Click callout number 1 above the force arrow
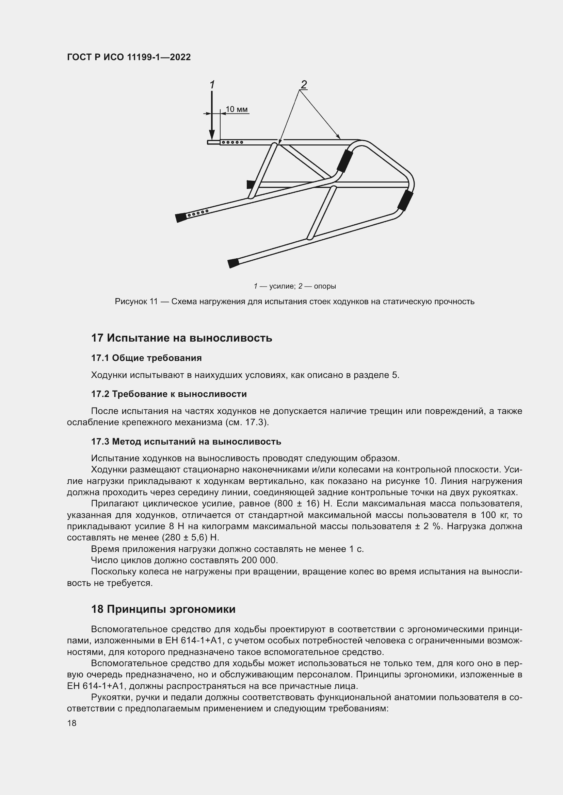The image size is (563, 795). point(212,85)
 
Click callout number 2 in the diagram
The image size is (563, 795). point(304,84)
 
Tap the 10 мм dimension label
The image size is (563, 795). point(237,109)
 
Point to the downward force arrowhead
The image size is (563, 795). point(212,135)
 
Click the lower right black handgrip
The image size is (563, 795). point(405,201)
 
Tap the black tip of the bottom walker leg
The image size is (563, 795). point(234,263)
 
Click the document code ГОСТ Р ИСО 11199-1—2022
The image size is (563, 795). point(129,57)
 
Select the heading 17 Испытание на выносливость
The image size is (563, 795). point(181,338)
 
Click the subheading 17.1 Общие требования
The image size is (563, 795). point(146,358)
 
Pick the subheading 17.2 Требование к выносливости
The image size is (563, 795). point(169,394)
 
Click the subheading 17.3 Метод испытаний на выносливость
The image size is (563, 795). point(186,442)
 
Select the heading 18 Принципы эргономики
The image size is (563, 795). point(163,609)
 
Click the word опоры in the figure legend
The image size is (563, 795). point(325,286)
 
